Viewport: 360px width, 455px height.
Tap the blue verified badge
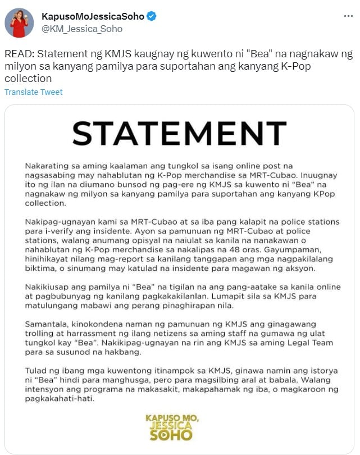coord(151,17)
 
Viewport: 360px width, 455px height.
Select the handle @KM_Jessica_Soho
coord(82,29)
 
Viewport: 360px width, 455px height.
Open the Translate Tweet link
coord(34,92)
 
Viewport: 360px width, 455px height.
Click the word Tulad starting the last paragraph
coord(35,370)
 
